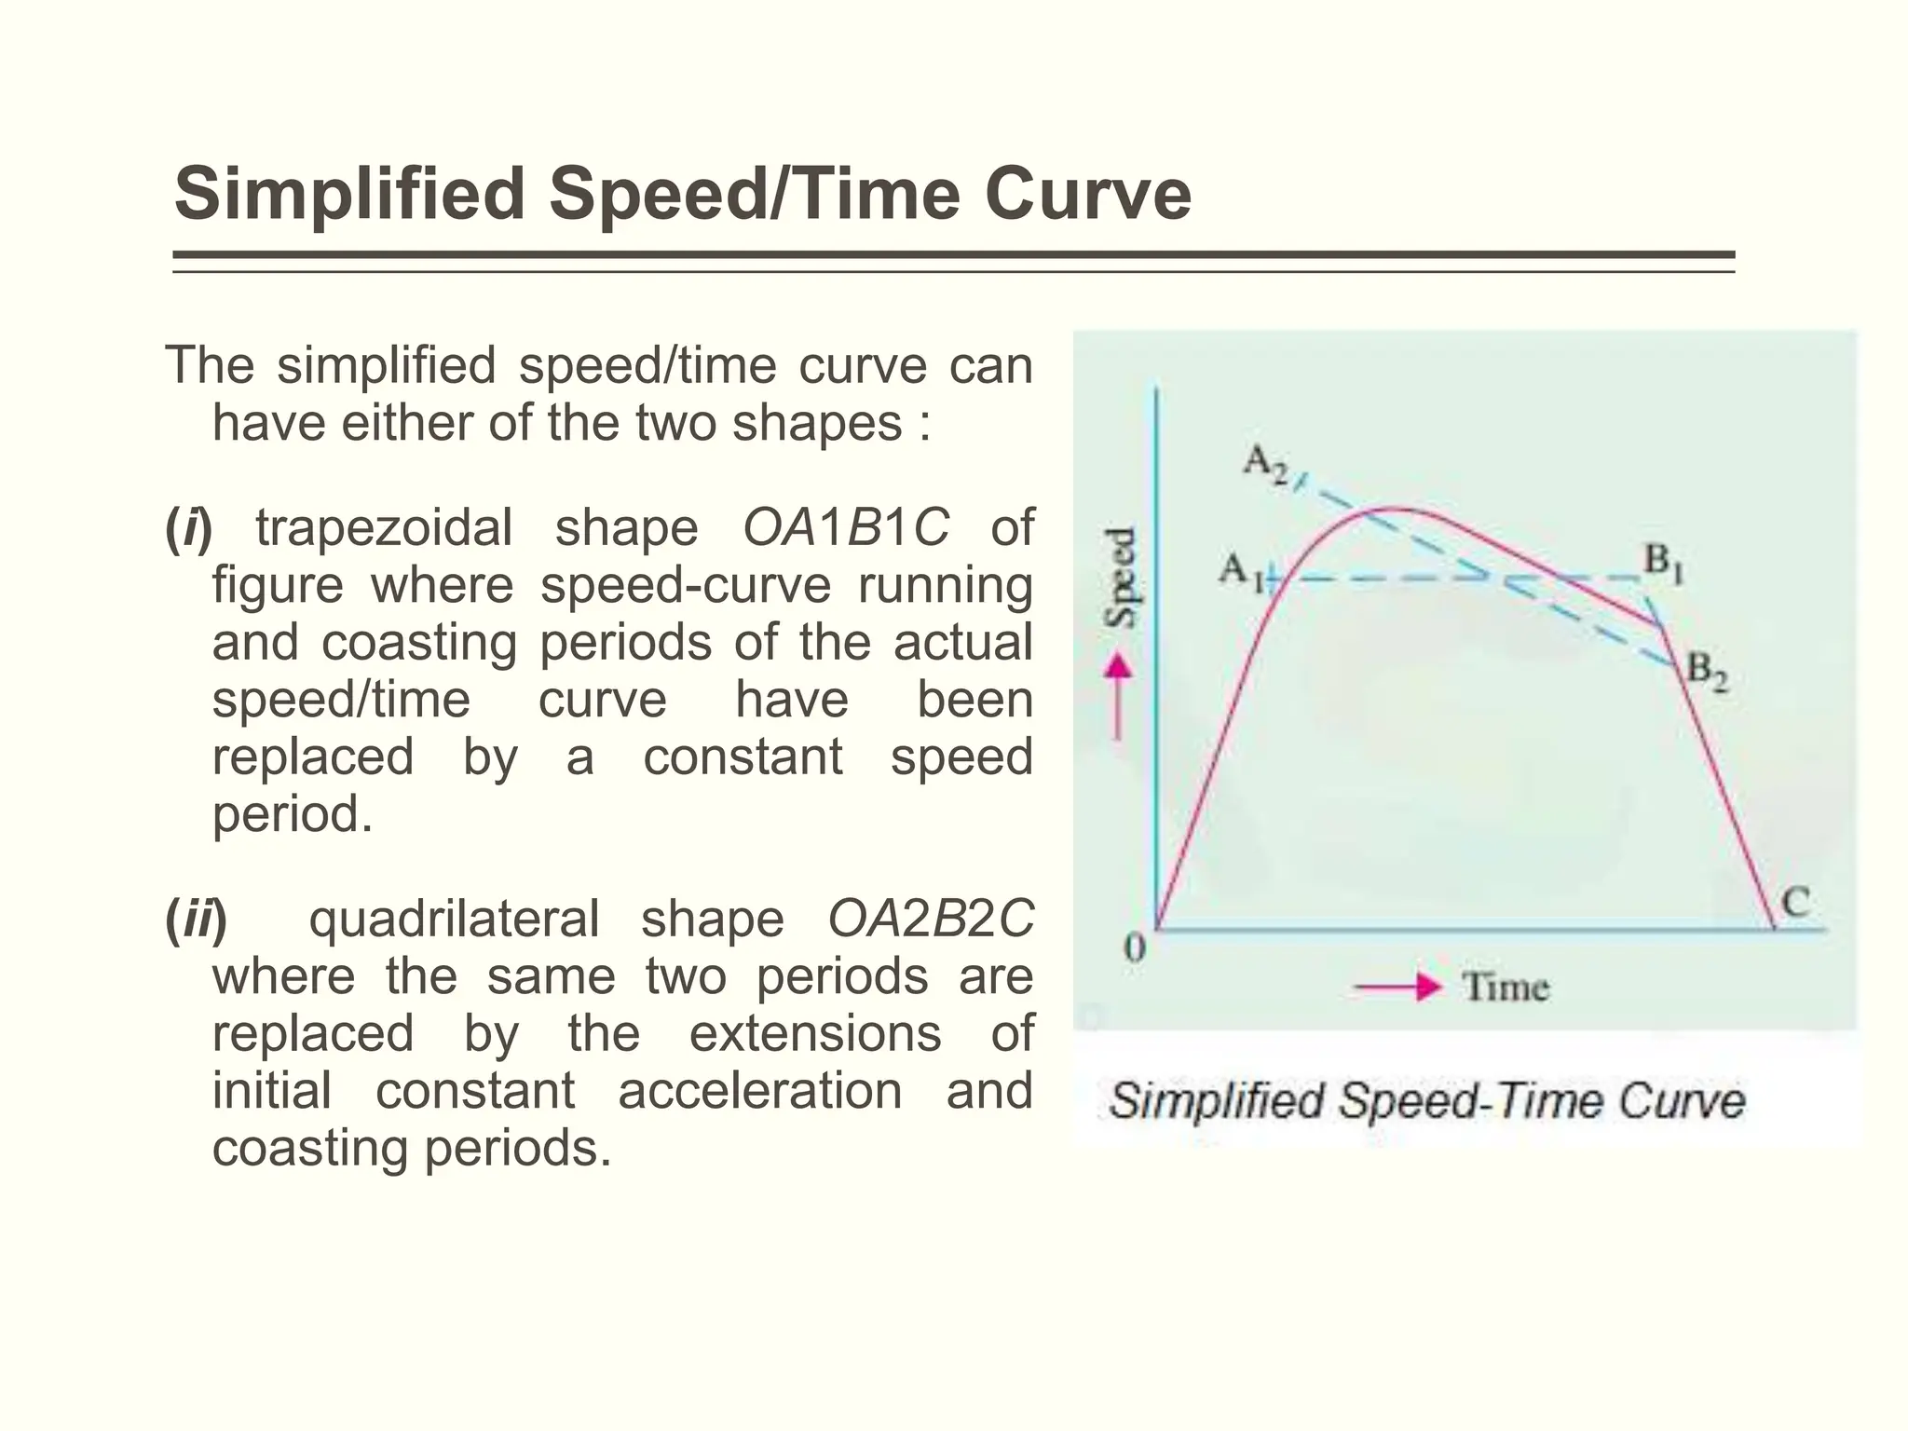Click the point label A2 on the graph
click(x=1265, y=464)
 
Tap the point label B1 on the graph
click(x=1663, y=563)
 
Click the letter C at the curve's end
click(x=1795, y=902)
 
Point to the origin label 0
click(x=1134, y=948)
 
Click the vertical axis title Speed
click(x=1121, y=577)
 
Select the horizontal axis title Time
click(x=1506, y=987)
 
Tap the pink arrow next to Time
click(x=1397, y=987)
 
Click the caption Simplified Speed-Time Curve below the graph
click(x=1426, y=1101)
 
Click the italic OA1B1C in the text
click(x=845, y=527)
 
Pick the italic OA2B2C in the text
click(x=931, y=919)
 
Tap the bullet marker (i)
click(x=188, y=528)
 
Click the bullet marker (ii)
click(x=196, y=920)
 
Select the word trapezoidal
click(x=384, y=528)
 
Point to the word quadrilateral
click(x=453, y=920)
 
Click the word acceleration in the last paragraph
click(x=759, y=1090)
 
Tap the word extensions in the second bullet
click(x=815, y=1033)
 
